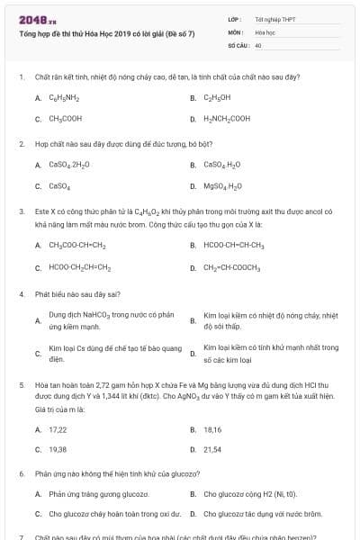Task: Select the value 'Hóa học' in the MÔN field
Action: tap(265, 31)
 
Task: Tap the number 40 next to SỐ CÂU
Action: tap(258, 44)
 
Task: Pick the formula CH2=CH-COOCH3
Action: tap(231, 267)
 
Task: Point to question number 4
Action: tap(21, 293)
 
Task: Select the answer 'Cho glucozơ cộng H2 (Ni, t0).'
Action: tap(249, 493)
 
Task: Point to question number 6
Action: tap(21, 472)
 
